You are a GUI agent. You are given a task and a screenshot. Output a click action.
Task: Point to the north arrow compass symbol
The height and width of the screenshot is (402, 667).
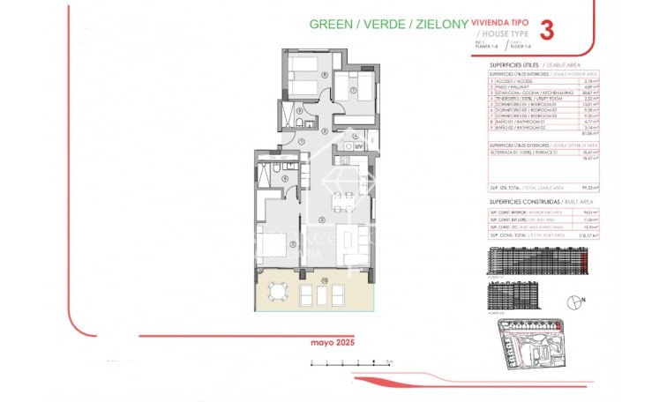pyautogui.click(x=577, y=302)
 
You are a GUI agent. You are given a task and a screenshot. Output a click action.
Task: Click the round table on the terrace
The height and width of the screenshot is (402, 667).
pyautogui.click(x=278, y=291)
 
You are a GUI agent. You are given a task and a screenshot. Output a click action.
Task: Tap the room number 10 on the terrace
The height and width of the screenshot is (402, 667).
pyautogui.click(x=324, y=279)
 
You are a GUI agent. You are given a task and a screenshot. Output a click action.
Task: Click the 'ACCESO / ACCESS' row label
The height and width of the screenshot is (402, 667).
pyautogui.click(x=513, y=81)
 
